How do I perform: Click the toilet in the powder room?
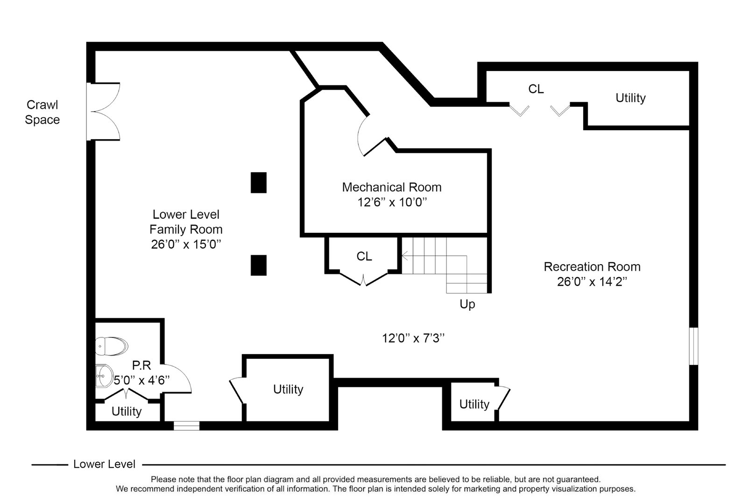tap(112, 346)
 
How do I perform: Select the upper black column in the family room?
tap(259, 182)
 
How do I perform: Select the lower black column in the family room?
tap(259, 265)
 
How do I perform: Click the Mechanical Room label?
tap(391, 187)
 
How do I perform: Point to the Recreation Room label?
tap(592, 267)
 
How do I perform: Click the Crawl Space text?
tap(42, 112)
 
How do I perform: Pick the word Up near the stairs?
tap(467, 304)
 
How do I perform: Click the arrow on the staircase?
tap(405, 256)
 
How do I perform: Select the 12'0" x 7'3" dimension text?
tap(413, 338)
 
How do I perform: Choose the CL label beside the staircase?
tap(364, 256)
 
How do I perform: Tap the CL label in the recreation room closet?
tap(536, 89)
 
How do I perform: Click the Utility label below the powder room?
tap(126, 412)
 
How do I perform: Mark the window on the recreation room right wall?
tap(693, 346)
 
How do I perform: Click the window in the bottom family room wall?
tap(186, 426)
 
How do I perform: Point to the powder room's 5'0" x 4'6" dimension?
tap(141, 380)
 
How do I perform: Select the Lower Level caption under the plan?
tap(104, 464)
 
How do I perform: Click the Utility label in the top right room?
tap(630, 98)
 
